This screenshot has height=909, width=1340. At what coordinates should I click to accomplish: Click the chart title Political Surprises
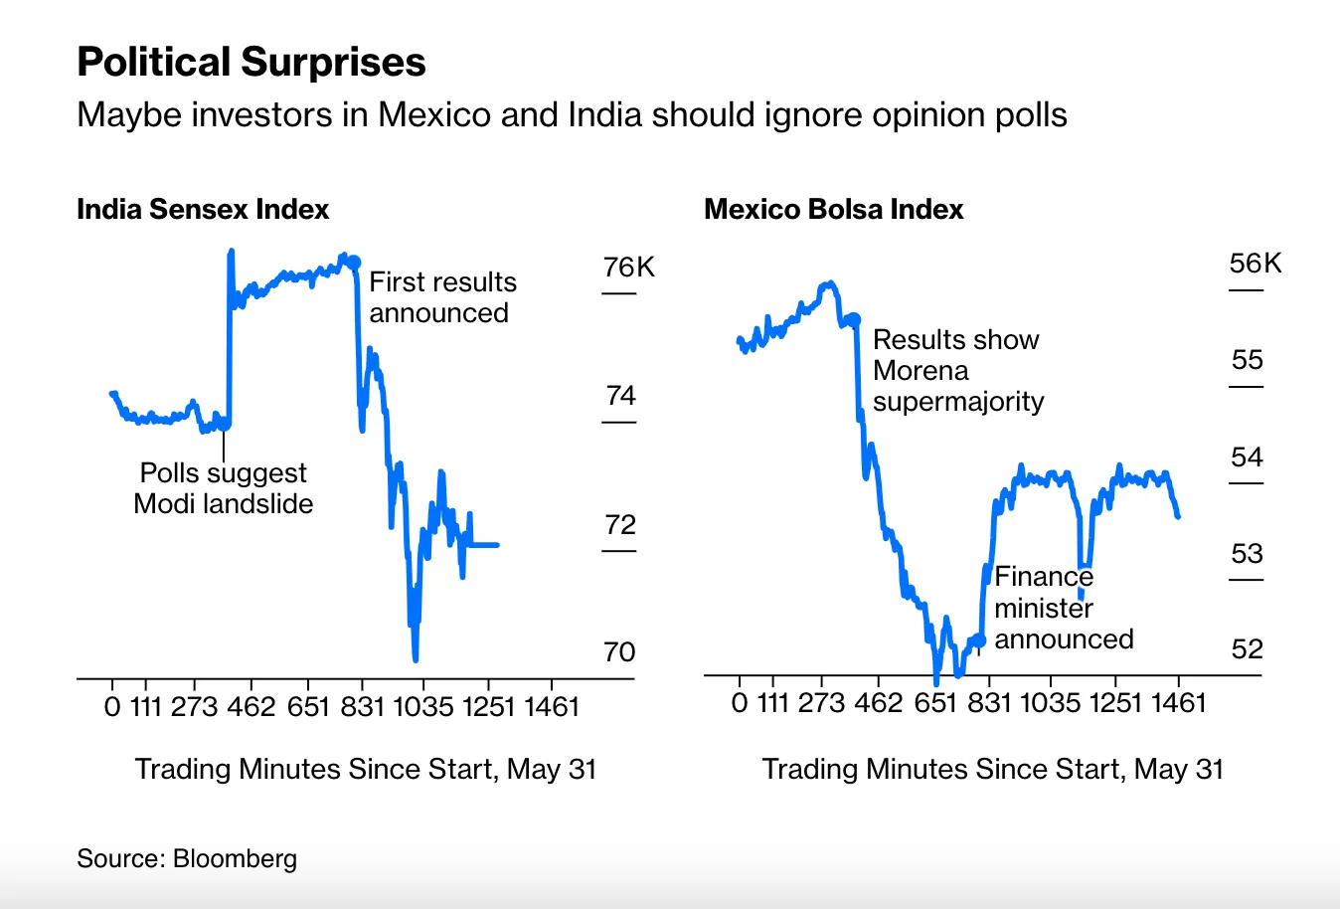[251, 63]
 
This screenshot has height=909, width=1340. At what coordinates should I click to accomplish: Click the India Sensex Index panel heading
[203, 210]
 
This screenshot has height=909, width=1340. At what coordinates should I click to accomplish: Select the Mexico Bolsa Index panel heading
[833, 210]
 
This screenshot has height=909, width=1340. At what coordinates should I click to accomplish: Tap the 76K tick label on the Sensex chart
[628, 268]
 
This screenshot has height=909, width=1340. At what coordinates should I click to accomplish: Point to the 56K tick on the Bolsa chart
[1255, 264]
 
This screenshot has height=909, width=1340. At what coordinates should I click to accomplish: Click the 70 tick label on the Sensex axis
[618, 652]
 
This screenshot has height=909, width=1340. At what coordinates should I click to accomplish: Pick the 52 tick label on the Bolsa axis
[1247, 649]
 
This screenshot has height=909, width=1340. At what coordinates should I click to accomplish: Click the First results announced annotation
[442, 297]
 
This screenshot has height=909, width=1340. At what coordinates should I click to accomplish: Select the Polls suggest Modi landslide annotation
[224, 488]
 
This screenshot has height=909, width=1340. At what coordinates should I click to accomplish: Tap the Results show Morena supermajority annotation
[957, 370]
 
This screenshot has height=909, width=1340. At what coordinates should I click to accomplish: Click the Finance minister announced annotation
[1063, 608]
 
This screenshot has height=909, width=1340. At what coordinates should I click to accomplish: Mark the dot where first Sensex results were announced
[353, 264]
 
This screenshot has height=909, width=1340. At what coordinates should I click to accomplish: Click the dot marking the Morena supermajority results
[853, 319]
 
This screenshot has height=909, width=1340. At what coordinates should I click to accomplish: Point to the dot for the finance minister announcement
[979, 640]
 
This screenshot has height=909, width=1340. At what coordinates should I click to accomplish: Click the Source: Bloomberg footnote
[187, 859]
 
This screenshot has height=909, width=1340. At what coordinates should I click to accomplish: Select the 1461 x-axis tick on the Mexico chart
[1178, 703]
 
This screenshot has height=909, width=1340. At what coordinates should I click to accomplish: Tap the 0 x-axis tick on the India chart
[112, 707]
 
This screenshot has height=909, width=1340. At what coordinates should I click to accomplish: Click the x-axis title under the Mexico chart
[992, 769]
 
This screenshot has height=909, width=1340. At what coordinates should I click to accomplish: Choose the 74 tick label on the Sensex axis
[620, 396]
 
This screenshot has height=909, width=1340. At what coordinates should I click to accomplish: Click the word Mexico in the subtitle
[434, 115]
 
